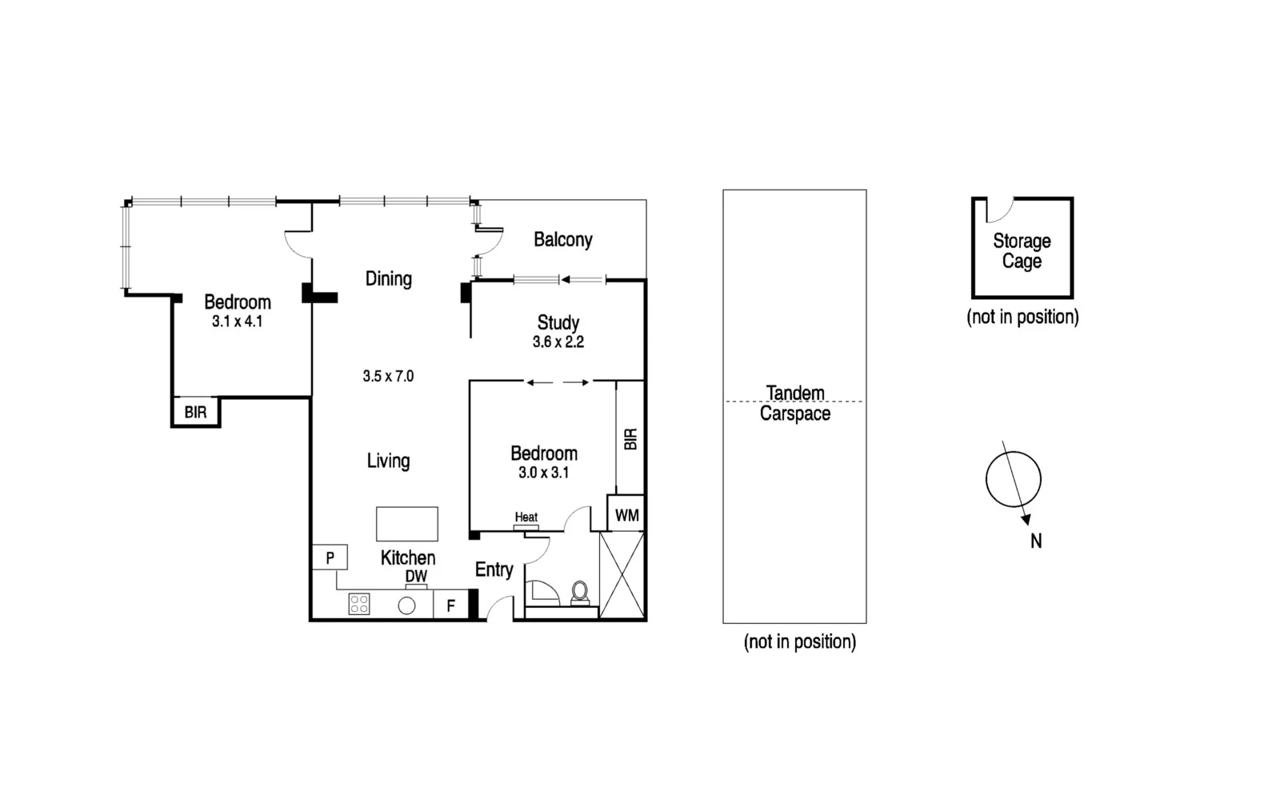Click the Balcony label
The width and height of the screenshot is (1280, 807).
coord(562,240)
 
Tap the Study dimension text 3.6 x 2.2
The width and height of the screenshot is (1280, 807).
coord(558,342)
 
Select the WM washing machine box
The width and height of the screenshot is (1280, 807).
coord(626,516)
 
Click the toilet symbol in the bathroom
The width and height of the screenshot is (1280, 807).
coord(579,592)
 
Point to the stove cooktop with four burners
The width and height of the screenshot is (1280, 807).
coord(359,604)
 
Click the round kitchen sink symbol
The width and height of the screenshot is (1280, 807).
coord(406,605)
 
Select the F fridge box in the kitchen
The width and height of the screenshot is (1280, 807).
coord(450,605)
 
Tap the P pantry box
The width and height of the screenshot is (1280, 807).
coord(330,557)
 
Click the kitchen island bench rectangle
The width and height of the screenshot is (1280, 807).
coord(406,524)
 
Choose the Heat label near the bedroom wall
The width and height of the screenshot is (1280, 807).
coord(526,517)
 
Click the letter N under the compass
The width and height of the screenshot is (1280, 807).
coord(1036,541)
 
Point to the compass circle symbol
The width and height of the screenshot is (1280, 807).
coord(1013,480)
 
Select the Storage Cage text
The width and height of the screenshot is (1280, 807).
coord(1022,251)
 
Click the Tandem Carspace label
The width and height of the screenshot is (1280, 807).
coord(794,403)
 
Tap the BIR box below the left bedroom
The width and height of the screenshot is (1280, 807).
coord(195,413)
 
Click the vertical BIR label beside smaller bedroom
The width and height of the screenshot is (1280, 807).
coord(630,439)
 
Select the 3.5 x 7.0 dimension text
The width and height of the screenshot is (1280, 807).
coord(388,376)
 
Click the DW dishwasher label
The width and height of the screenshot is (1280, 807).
coord(416,576)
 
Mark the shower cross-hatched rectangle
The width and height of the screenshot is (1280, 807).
coord(622,574)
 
